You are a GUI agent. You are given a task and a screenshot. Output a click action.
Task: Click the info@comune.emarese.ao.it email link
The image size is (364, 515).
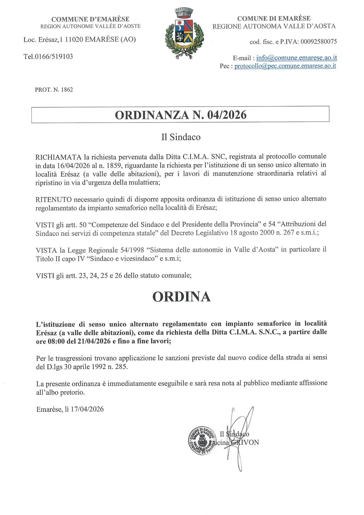pyautogui.click(x=296, y=58)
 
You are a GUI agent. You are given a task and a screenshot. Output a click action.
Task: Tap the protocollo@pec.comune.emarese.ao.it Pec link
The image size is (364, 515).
pyautogui.click(x=285, y=66)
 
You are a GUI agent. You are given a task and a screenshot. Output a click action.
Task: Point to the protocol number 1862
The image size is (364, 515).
pyautogui.click(x=67, y=90)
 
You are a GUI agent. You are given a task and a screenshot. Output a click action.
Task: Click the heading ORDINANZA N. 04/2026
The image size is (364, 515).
pyautogui.click(x=181, y=115)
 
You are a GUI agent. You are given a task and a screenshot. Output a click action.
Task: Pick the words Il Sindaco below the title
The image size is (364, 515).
pyautogui.click(x=181, y=137)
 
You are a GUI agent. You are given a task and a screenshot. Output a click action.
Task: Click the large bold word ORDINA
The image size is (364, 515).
pyautogui.click(x=181, y=297)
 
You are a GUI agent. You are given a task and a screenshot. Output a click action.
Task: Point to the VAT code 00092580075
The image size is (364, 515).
pyautogui.click(x=319, y=42)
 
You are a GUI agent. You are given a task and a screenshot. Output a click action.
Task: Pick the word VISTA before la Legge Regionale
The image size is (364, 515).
pyautogui.click(x=46, y=250)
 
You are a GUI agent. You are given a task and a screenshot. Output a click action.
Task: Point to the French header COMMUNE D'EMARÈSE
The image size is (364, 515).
pyautogui.click(x=90, y=19)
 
